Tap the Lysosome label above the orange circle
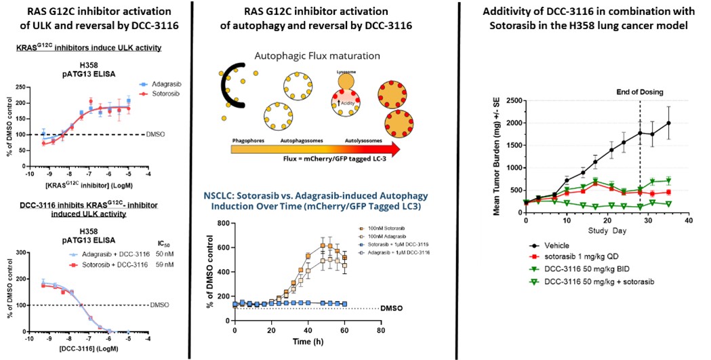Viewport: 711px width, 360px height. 346,70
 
